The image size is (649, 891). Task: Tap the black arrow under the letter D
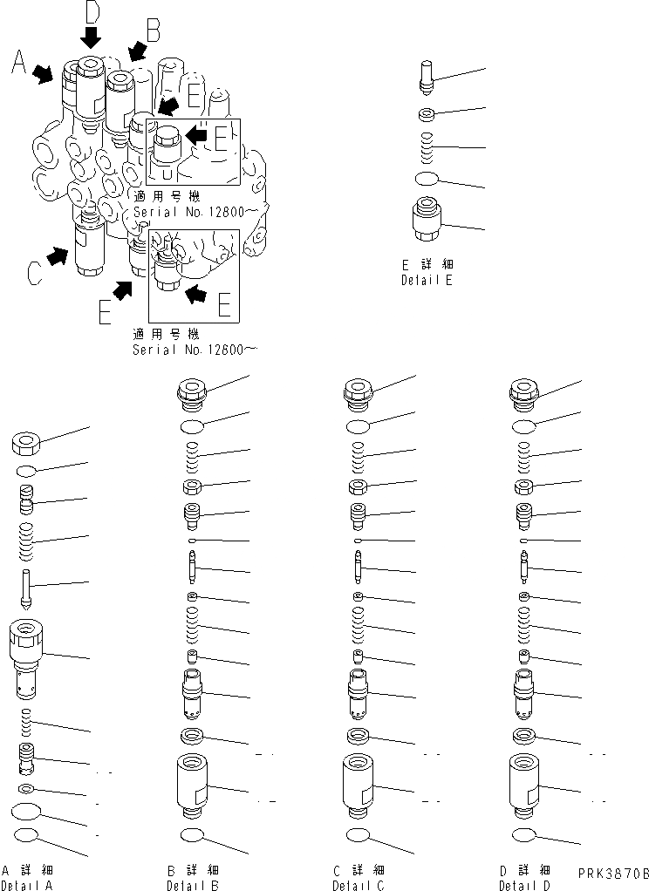tap(91, 37)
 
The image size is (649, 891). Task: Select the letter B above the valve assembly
tap(154, 31)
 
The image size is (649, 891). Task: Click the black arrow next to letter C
tap(58, 256)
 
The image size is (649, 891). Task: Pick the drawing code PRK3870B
tap(613, 872)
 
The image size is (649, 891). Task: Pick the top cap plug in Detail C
tap(357, 392)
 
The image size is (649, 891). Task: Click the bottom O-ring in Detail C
tap(357, 836)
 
